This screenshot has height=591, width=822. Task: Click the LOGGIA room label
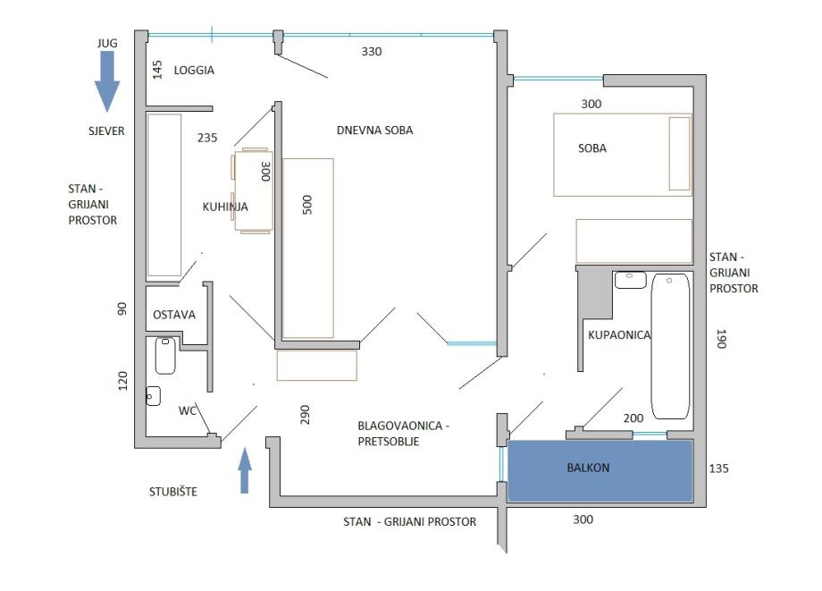[194, 71]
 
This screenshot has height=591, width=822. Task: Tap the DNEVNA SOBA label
[375, 130]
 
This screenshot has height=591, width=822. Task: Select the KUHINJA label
[225, 207]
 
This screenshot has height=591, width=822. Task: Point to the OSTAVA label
[174, 315]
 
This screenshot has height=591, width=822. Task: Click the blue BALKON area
[600, 471]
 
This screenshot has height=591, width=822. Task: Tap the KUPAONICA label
[619, 334]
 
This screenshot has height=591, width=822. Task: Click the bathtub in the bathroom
[670, 346]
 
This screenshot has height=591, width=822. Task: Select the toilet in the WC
[165, 356]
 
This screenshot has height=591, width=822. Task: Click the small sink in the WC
[153, 396]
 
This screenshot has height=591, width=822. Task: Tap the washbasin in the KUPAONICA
[630, 280]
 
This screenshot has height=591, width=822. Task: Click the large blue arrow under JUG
[107, 81]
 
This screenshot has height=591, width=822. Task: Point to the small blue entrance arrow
[244, 470]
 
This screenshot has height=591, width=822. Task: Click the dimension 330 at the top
[371, 51]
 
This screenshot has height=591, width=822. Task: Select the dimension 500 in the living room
[307, 205]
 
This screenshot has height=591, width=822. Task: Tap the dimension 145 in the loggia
[157, 70]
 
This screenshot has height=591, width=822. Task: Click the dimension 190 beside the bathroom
[721, 339]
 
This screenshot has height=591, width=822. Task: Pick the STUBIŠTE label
[173, 492]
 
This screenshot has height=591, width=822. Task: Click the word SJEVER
[106, 131]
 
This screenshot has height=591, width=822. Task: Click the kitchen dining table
[253, 190]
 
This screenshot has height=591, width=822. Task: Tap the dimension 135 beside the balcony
[718, 469]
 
